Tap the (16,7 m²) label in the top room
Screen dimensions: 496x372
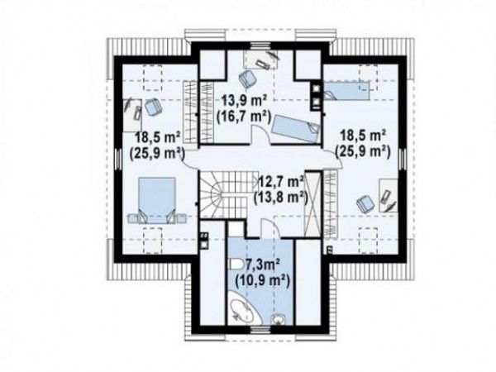[x=244, y=117]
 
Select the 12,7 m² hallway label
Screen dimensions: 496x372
[x=282, y=182]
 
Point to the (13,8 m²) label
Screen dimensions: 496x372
[x=280, y=198]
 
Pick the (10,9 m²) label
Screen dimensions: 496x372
[x=263, y=280]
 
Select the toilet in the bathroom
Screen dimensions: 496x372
[x=235, y=265]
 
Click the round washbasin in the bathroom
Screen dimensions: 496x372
[x=279, y=319]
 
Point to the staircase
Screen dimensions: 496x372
[x=223, y=194]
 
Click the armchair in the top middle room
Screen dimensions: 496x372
[x=247, y=79]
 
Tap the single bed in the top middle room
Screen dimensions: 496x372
[x=296, y=129]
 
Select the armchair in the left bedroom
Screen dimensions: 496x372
[x=154, y=107]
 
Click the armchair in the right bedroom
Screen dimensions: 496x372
[x=365, y=203]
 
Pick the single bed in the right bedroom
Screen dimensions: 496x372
[x=346, y=91]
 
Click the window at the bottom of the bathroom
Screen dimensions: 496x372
[x=261, y=330]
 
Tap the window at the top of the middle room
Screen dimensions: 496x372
[x=261, y=46]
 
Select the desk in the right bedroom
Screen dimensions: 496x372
[x=389, y=195]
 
